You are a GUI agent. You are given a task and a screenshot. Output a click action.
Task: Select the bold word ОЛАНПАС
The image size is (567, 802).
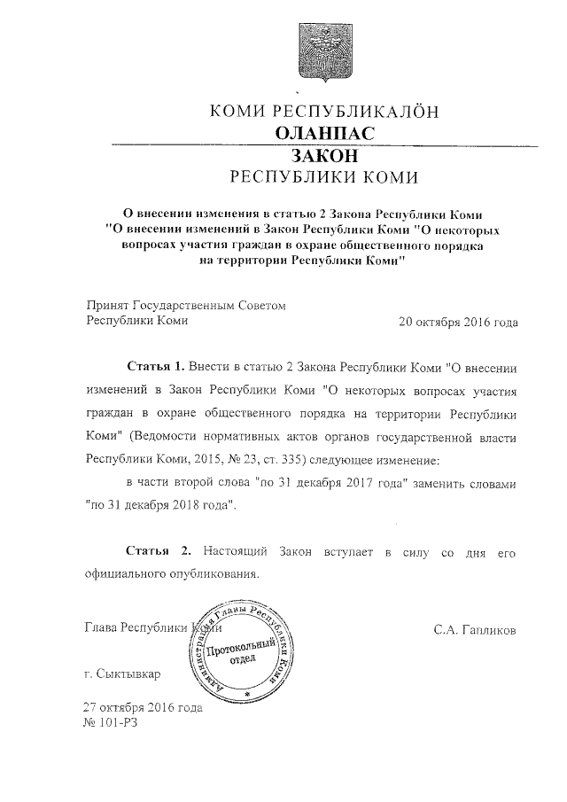(x=323, y=134)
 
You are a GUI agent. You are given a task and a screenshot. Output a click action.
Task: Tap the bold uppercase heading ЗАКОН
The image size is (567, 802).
(x=323, y=154)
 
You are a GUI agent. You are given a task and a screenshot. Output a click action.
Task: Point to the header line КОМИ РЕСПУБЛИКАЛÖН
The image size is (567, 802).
(x=323, y=112)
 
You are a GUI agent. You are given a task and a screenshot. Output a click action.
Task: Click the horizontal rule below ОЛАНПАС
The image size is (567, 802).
(x=323, y=144)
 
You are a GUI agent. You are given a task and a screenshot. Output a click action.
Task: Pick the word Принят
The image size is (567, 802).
(x=105, y=305)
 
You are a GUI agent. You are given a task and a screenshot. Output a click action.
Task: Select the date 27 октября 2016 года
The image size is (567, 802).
(x=142, y=708)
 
